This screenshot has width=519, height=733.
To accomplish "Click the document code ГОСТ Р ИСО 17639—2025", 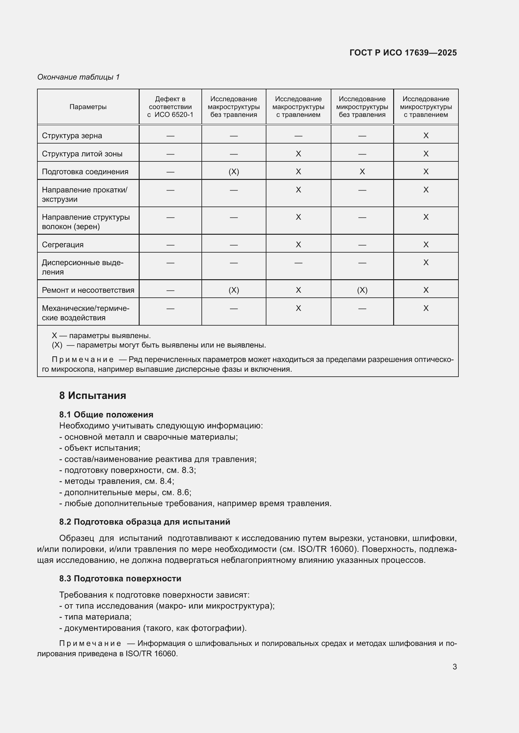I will tap(403, 53).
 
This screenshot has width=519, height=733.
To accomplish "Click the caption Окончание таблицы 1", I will tap(78, 77).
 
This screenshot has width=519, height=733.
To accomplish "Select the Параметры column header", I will tap(88, 107).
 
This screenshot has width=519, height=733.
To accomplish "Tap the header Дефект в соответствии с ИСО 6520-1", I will tap(170, 107).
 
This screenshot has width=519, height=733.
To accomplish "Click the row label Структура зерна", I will tap(72, 136).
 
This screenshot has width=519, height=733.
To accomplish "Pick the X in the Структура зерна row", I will tap(426, 136).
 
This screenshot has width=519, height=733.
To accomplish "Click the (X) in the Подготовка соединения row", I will tap(234, 172).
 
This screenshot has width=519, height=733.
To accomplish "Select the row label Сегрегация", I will tap(63, 245).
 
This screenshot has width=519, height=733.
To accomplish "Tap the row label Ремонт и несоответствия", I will tap(88, 290).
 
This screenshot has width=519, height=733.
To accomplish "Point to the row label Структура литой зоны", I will tap(82, 154).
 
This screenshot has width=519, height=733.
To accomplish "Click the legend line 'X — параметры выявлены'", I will tap(101, 336).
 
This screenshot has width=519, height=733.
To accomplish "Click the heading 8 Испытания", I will tap(92, 395).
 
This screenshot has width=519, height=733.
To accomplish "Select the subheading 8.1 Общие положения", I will tap(106, 414).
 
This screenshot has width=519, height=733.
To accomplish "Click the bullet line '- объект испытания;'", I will tap(100, 448).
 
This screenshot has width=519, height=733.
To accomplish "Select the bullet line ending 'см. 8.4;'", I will tap(117, 481).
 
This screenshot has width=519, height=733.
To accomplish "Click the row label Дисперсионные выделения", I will tap(82, 267).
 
